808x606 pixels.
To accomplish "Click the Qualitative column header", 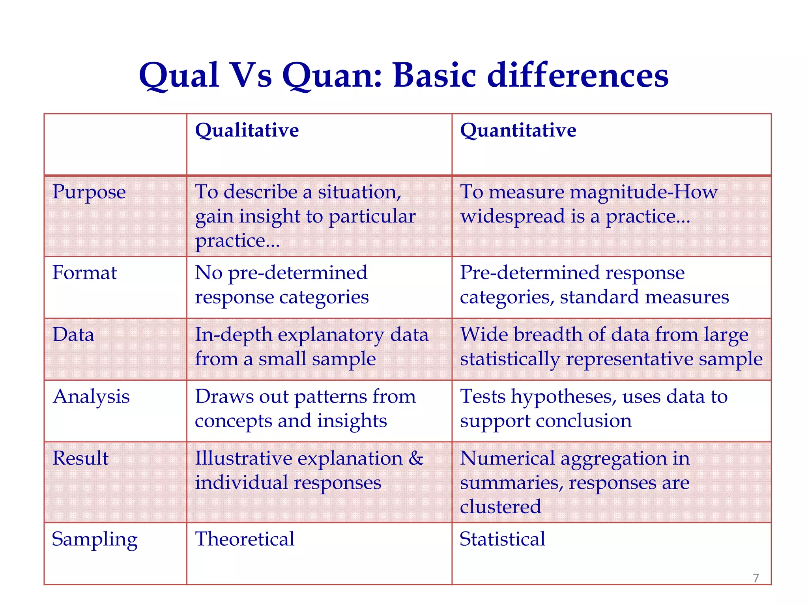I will click(247, 131).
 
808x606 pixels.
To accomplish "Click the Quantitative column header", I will click(518, 131).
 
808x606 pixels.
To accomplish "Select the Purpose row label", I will click(89, 193).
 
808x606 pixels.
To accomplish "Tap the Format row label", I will click(84, 273).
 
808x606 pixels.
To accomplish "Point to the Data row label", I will click(73, 335).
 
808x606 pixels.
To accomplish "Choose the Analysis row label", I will click(91, 397).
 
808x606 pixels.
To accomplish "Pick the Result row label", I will click(80, 458).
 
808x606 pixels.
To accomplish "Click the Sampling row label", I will click(95, 540).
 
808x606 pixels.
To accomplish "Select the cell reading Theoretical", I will click(245, 539).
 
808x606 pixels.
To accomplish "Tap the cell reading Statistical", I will click(502, 539).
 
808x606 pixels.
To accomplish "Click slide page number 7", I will click(756, 578).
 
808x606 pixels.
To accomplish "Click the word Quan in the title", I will click(331, 76).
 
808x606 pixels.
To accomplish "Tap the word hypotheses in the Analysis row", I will click(564, 397).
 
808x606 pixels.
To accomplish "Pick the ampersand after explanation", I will click(416, 458).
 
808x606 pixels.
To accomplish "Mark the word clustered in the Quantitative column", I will click(500, 507).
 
